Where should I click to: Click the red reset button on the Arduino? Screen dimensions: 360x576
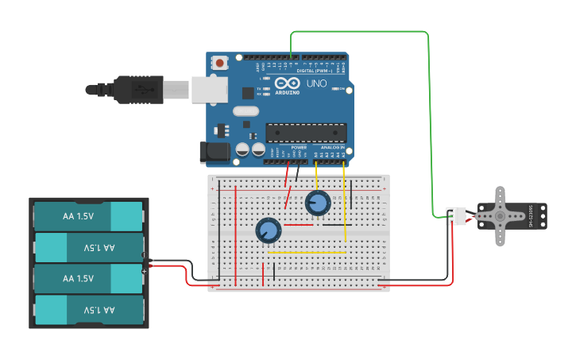(x=220, y=61)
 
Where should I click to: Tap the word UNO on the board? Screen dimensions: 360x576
(x=316, y=83)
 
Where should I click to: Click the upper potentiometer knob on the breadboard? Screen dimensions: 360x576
(x=318, y=203)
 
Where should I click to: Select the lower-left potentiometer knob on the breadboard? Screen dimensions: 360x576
(x=268, y=230)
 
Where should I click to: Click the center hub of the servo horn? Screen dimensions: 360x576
(x=500, y=215)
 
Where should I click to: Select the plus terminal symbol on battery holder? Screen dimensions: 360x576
(x=144, y=272)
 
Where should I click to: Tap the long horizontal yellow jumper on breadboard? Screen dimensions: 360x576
(x=307, y=253)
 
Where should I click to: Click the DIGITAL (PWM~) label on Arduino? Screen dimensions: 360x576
(x=315, y=71)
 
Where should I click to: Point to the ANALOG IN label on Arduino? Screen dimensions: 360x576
(x=332, y=148)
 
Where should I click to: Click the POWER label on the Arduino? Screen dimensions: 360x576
(x=299, y=148)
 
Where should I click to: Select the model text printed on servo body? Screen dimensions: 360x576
(x=530, y=215)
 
